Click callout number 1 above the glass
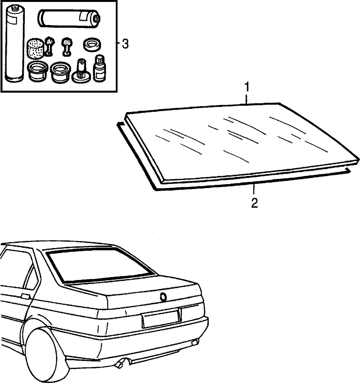247,87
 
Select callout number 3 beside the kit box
125,44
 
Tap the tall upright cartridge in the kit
15,44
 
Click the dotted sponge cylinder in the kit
36,49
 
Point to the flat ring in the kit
92,45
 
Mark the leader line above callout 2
254,189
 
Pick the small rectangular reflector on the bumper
195,342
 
